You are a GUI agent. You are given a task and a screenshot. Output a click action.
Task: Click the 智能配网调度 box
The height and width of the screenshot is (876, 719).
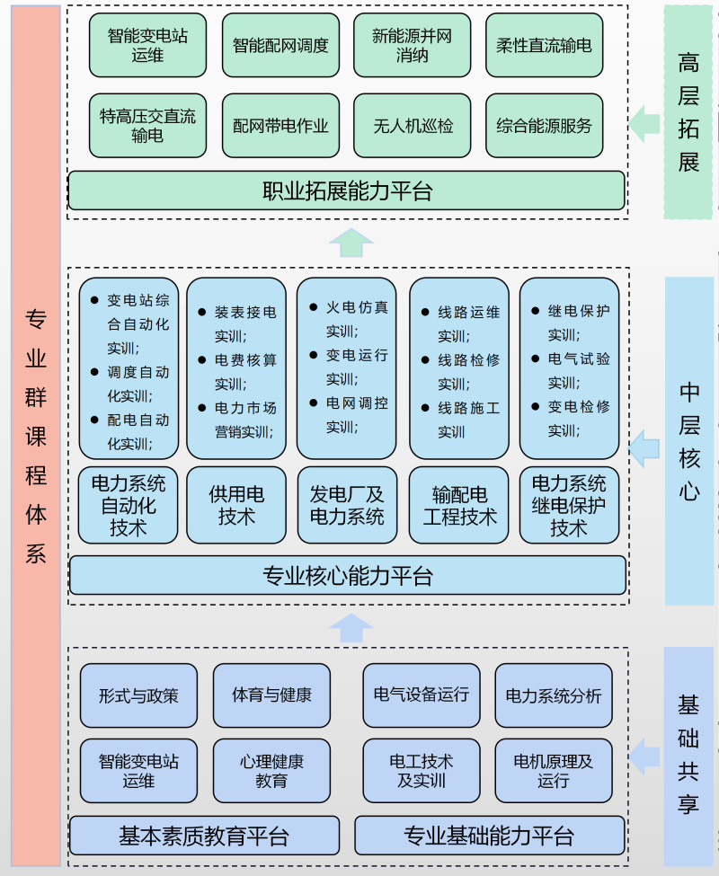point(280,45)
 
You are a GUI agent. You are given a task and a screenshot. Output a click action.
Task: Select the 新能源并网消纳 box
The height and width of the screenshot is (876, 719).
point(412,45)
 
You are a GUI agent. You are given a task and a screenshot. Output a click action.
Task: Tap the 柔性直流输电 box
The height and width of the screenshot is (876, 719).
point(544,45)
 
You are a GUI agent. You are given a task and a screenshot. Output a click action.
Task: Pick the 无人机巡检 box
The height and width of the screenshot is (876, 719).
point(412,125)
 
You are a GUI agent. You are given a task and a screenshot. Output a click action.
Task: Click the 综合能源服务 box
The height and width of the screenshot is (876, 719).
point(544,125)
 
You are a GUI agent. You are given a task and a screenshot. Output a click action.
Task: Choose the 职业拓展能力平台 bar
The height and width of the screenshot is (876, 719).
point(347,190)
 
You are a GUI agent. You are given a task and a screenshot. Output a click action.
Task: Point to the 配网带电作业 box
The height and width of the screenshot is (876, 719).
point(280,125)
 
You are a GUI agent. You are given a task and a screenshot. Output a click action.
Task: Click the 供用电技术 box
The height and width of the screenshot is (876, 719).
point(236,505)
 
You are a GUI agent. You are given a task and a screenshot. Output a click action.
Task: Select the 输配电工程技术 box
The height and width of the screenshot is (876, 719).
point(459,505)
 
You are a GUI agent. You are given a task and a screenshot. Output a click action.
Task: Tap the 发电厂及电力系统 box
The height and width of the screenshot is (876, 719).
point(347,505)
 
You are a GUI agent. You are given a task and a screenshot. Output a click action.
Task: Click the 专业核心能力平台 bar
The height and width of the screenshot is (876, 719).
point(347,575)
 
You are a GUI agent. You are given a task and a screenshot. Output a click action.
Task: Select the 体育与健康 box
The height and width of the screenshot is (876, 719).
point(271,695)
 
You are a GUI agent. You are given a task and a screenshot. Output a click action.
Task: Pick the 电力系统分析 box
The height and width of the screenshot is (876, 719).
point(554,695)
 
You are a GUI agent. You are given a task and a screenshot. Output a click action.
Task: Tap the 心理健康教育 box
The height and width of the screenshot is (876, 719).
point(271,770)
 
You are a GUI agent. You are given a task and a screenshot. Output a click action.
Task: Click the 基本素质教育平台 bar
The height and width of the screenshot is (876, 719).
point(204,836)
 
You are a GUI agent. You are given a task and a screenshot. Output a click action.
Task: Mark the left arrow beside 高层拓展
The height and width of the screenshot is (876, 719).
point(644,123)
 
